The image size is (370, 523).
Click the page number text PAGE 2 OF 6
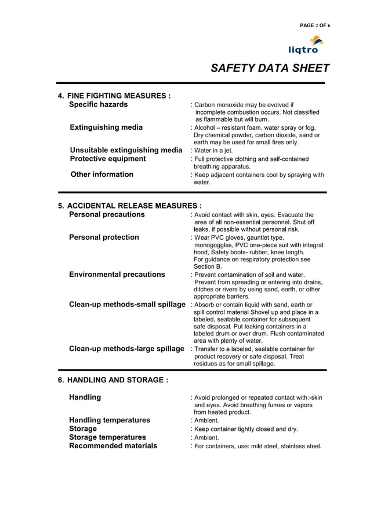pyautogui.click(x=314, y=25)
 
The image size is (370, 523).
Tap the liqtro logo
pyautogui.click(x=307, y=45)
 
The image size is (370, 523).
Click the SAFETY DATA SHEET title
pyautogui.click(x=270, y=68)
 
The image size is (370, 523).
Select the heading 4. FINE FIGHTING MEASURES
pyautogui.click(x=114, y=96)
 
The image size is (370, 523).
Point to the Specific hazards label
pyautogui.click(x=98, y=105)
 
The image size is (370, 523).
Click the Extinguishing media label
pyautogui.click(x=106, y=127)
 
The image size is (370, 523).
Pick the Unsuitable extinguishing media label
pyautogui.click(x=126, y=151)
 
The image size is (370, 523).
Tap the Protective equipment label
pyautogui.click(x=107, y=159)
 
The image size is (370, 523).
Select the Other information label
pyautogui.click(x=101, y=174)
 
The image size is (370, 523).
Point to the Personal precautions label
pyautogui.click(x=107, y=214)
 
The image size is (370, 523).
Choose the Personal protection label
pyautogui.click(x=104, y=237)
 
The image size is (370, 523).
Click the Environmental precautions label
pyautogui.click(x=117, y=275)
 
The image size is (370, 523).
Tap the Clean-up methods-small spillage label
pyautogui.click(x=127, y=305)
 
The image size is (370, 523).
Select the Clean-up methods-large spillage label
pyautogui.click(x=126, y=349)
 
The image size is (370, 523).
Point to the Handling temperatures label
pyautogui.click(x=109, y=420)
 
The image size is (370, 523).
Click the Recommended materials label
pyautogui.click(x=113, y=446)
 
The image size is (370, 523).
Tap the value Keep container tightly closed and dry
pyautogui.click(x=246, y=429)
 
